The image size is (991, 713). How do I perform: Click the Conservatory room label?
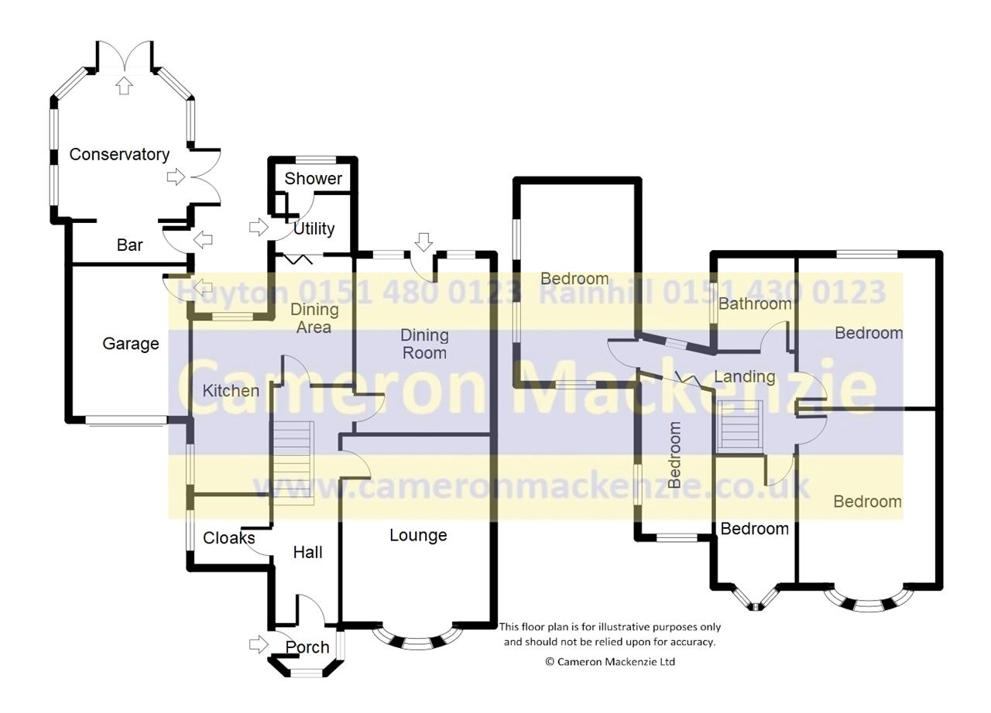(x=119, y=154)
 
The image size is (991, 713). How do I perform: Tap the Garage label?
(x=131, y=344)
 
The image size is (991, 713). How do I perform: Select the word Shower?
(x=314, y=179)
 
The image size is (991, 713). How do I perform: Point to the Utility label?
(x=314, y=228)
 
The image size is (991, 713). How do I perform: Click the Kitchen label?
(x=231, y=390)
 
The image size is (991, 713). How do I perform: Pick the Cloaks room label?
(x=228, y=538)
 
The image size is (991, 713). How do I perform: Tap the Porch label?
(x=307, y=647)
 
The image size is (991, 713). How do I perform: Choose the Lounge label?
(x=418, y=535)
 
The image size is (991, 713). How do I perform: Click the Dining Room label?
(x=425, y=345)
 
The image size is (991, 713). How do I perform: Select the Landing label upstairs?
(x=745, y=377)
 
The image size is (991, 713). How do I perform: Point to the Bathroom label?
(x=755, y=304)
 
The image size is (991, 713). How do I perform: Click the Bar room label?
(x=129, y=245)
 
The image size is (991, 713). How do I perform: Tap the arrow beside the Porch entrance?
(x=259, y=644)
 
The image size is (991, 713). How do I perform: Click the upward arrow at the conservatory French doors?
(x=125, y=85)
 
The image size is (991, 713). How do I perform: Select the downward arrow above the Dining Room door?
(x=423, y=242)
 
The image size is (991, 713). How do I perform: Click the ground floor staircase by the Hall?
(x=293, y=463)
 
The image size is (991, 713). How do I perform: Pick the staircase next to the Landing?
(x=740, y=427)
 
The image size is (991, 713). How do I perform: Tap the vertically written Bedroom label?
(x=674, y=454)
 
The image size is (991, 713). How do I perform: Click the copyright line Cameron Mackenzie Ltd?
(x=610, y=662)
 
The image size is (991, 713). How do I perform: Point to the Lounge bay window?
(x=417, y=639)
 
